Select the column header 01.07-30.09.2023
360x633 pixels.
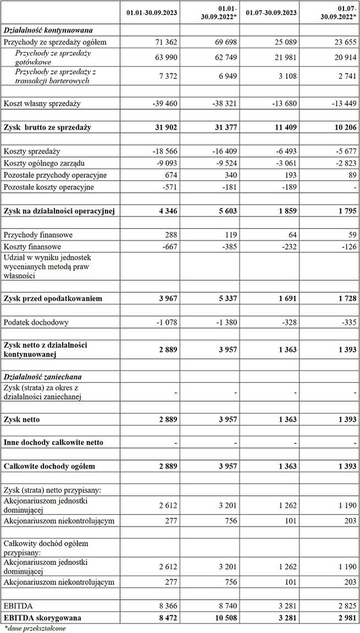(271, 12)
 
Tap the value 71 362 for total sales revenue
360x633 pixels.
(165, 42)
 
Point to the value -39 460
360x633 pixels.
(163, 103)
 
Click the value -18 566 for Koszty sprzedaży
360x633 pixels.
(163, 151)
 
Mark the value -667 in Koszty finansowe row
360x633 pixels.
(168, 247)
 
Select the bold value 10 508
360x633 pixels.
(225, 618)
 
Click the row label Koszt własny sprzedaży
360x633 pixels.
(42, 103)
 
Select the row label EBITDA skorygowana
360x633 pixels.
(42, 618)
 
